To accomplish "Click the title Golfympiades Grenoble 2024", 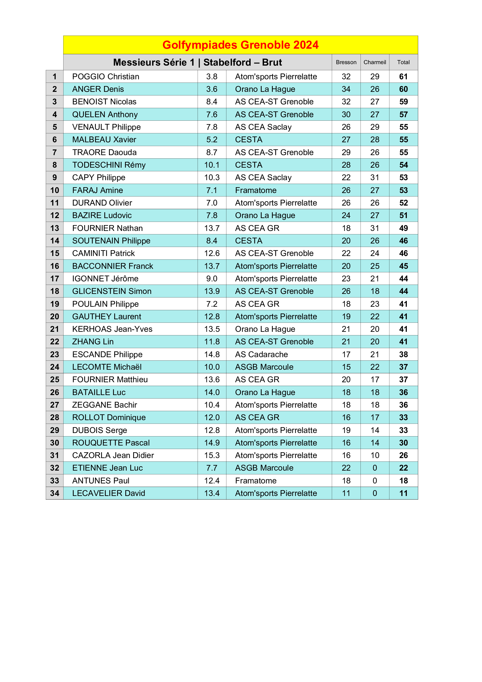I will click(x=240, y=45).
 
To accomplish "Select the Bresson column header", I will click(x=346, y=62).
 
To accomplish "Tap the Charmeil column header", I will click(x=374, y=62).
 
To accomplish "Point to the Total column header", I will click(x=403, y=62).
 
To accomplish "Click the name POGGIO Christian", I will click(x=106, y=77).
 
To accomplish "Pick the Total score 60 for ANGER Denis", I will click(x=403, y=89).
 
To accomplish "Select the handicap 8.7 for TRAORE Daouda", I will click(x=212, y=152).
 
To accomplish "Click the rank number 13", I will click(x=54, y=228).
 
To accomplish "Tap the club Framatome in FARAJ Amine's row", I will click(x=256, y=190).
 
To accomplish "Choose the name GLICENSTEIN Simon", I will click(x=112, y=291).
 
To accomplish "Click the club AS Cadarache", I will click(x=261, y=354).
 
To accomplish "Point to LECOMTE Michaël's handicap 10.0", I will click(x=212, y=367).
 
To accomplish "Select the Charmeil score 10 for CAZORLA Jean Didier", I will click(x=374, y=455).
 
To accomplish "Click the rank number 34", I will click(x=54, y=493).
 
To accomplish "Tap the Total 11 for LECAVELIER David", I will click(x=403, y=493).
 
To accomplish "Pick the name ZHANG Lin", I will click(x=93, y=342).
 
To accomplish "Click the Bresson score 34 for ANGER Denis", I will click(x=346, y=89).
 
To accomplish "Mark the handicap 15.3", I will click(x=212, y=455).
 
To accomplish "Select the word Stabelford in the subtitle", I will click(x=227, y=62).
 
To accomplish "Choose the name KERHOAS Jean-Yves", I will click(x=112, y=329).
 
